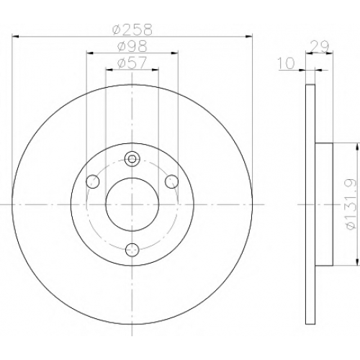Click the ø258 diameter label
pyautogui.click(x=132, y=30)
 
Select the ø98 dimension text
pyautogui.click(x=132, y=46)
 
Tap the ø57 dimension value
pyautogui.click(x=132, y=63)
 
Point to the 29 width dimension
pyautogui.click(x=319, y=47)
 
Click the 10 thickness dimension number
pyautogui.click(x=287, y=63)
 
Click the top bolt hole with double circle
pyautogui.click(x=132, y=158)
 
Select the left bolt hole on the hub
pyautogui.click(x=93, y=181)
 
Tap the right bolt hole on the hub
pyautogui.click(x=172, y=181)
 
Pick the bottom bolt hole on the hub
pyautogui.click(x=132, y=250)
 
